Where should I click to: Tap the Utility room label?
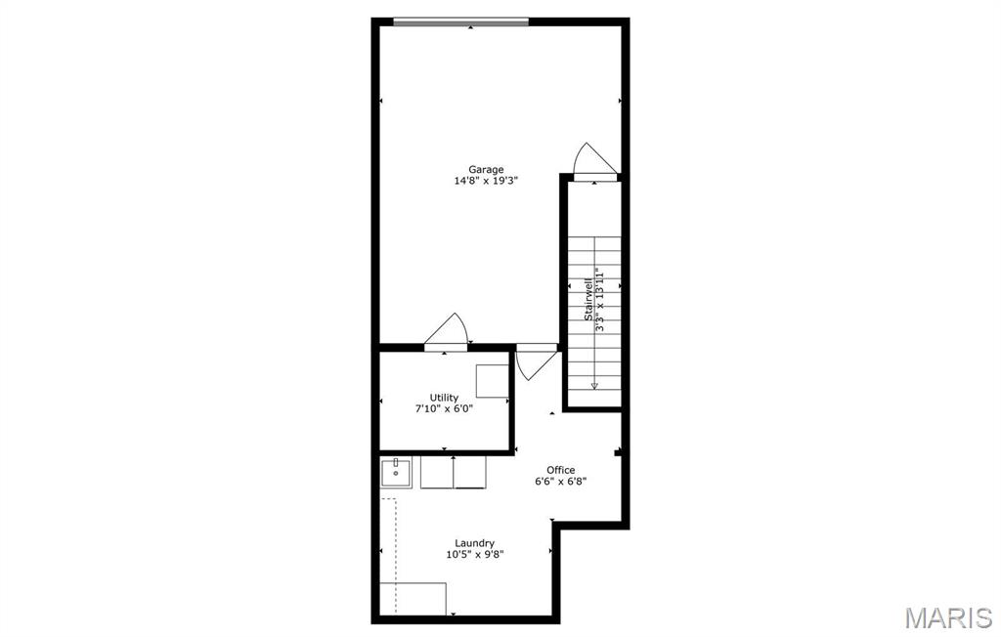point(444,397)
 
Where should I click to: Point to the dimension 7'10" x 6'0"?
point(444,408)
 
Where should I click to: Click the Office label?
point(560,470)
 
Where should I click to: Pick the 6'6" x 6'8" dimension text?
point(560,482)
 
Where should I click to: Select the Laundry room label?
point(474,543)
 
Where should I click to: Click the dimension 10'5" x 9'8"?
point(474,555)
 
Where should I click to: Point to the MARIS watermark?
point(947,617)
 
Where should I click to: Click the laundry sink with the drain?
point(396,473)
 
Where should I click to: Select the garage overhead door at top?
point(460,21)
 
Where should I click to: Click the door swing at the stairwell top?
point(593,161)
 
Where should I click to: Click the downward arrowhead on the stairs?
point(594,385)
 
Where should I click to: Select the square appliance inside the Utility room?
point(492,380)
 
